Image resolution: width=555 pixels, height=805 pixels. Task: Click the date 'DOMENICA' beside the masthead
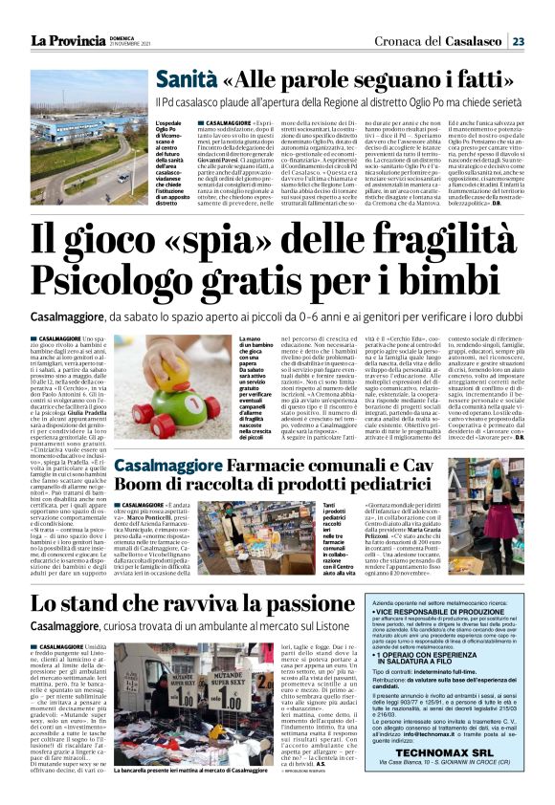tap(119, 37)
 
